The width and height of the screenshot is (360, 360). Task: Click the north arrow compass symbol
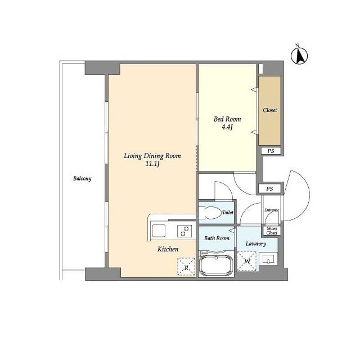point(299,55)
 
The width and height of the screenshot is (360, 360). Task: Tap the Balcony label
point(82,178)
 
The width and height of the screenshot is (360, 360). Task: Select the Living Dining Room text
point(152,156)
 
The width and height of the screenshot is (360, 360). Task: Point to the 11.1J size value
point(152,164)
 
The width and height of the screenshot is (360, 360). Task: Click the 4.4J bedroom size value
point(227,127)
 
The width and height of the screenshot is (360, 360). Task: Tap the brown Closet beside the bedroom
point(270,111)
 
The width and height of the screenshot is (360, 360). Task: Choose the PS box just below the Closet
point(271,151)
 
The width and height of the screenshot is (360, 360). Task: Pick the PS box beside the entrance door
point(269,189)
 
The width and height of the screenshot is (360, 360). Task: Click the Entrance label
point(272,210)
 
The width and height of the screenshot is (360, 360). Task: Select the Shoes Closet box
point(272,231)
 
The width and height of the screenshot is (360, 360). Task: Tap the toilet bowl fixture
point(209,213)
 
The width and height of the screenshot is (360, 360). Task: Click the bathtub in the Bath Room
point(216,265)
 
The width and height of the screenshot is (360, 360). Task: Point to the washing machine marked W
point(246,261)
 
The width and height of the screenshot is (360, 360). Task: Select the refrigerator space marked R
point(186,267)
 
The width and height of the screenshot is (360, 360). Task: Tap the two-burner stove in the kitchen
point(184,231)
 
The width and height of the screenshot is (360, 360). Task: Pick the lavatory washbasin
point(268,259)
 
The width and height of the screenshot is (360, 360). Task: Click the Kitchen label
point(168,249)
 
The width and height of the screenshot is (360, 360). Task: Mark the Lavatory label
point(256,244)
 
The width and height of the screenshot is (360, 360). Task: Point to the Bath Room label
point(217,238)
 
